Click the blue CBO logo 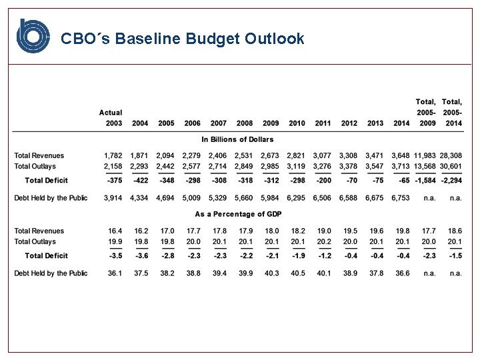click(33, 36)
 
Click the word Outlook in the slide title click(274, 39)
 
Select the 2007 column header click(218, 123)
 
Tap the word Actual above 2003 click(111, 113)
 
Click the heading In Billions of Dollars click(237, 139)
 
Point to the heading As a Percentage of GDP click(237, 215)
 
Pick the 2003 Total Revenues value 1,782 click(113, 156)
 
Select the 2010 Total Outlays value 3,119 click(297, 167)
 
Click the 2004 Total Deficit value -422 click(140, 181)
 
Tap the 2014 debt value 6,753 click(400, 198)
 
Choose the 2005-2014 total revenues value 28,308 click(450, 156)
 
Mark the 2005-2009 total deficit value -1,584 click(425, 181)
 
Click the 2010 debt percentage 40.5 click(298, 273)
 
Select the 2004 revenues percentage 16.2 click(140, 231)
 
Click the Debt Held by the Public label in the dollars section click(51, 198)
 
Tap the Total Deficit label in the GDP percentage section click(47, 256)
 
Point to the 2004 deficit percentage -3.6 click(140, 256)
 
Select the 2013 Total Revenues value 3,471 click(375, 156)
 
